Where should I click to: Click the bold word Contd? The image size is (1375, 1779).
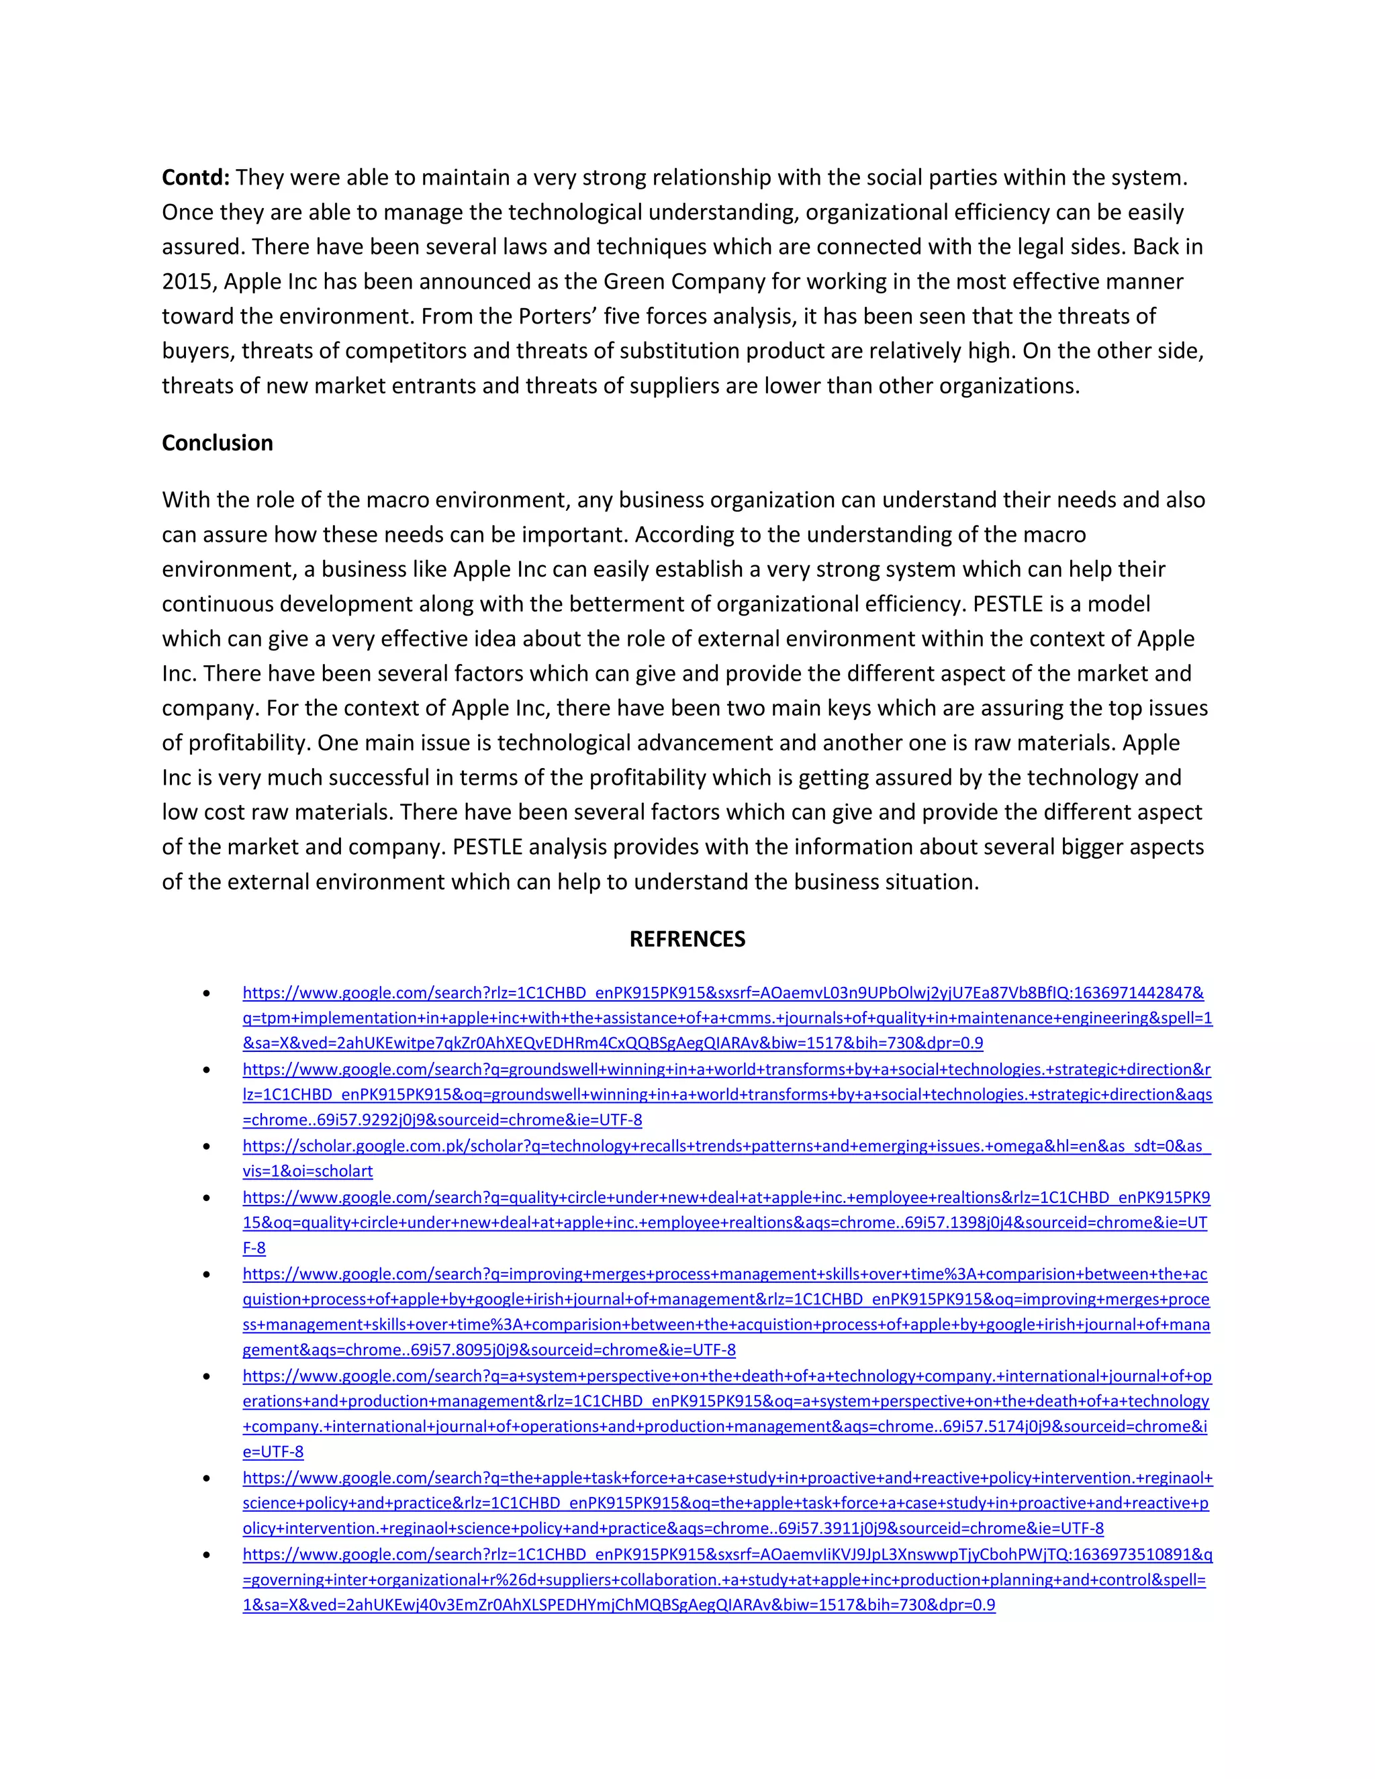click(x=195, y=178)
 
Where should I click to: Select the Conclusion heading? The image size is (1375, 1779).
click(x=218, y=443)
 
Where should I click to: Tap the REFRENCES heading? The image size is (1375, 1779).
click(x=687, y=939)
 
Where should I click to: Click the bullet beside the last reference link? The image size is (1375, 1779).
click(x=207, y=1554)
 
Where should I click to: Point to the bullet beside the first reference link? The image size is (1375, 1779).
click(x=207, y=993)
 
